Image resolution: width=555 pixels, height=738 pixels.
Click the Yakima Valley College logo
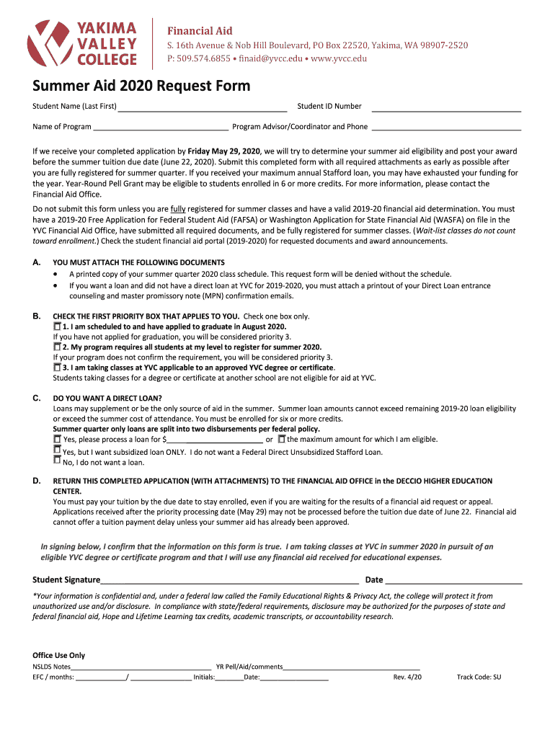(x=82, y=42)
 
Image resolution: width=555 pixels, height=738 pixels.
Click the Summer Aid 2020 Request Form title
(x=141, y=86)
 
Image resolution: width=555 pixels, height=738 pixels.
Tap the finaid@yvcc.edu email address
(x=287, y=58)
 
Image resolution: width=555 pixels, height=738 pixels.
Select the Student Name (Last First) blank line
(x=203, y=108)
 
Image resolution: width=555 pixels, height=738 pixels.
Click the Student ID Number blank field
(x=445, y=108)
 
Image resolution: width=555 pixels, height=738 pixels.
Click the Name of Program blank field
(x=161, y=128)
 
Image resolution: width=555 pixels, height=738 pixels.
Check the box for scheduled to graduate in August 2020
(x=58, y=326)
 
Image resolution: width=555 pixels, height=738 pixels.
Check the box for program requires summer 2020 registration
(x=58, y=347)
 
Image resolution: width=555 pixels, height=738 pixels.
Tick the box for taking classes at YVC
(x=58, y=367)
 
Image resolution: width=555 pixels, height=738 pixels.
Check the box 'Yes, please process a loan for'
(x=58, y=438)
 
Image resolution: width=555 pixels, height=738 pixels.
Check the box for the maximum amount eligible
(x=282, y=438)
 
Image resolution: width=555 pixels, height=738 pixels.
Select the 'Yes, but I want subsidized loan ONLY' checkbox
(x=58, y=450)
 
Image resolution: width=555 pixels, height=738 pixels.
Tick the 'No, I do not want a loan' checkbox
(x=58, y=462)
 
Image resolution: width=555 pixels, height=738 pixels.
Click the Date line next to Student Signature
(x=454, y=581)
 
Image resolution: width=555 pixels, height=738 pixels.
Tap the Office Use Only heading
(x=59, y=655)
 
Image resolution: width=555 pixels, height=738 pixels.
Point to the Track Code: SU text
(x=479, y=677)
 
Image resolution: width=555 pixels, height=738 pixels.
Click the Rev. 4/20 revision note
(x=407, y=677)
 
